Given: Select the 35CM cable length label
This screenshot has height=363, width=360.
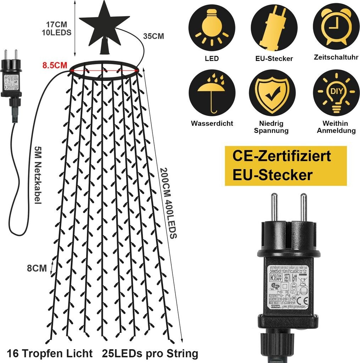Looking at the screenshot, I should point(153,36).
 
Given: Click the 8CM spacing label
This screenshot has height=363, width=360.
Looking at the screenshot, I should point(37,268).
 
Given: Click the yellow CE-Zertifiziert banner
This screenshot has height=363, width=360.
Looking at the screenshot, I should point(286,166).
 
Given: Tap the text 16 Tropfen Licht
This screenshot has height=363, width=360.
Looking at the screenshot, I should point(49,353).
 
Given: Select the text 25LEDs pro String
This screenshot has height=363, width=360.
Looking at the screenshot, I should point(150,353).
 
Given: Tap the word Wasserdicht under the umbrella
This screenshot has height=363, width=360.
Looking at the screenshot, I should point(212,123).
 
